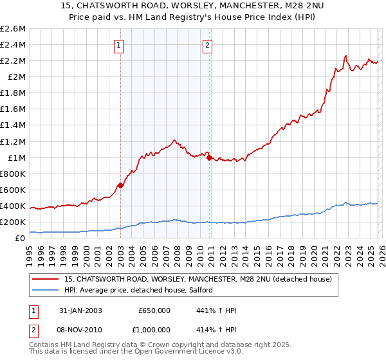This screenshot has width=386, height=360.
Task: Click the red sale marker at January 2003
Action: (120, 186)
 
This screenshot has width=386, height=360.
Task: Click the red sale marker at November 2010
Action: (209, 157)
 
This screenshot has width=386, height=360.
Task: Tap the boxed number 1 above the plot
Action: (120, 45)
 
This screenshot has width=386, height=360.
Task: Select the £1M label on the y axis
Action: (16, 157)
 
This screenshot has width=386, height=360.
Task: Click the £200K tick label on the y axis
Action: (13, 222)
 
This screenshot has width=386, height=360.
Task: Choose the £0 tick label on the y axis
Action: (21, 239)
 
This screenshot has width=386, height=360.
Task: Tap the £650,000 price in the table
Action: (154, 310)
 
